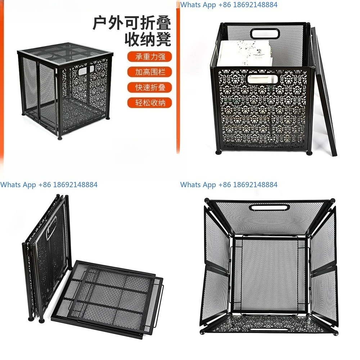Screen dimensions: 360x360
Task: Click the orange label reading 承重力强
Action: click(x=149, y=57)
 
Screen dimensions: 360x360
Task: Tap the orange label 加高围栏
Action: click(x=149, y=72)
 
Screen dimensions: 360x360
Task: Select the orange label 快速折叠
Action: click(x=149, y=87)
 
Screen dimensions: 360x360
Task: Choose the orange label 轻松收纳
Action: click(x=149, y=103)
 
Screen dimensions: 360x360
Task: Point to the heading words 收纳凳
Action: click(x=147, y=39)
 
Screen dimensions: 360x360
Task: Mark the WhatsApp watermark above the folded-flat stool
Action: click(x=49, y=185)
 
